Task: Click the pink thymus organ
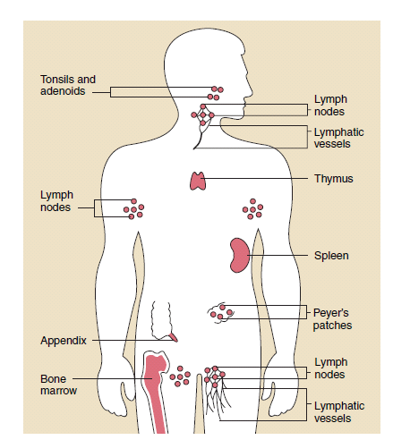point(198,181)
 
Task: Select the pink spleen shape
point(238,255)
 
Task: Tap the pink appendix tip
point(174,337)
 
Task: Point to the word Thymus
point(334,179)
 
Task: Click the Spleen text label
point(331,256)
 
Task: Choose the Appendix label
point(64,341)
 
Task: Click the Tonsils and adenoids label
point(68,85)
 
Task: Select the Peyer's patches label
point(332,319)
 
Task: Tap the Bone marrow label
point(58,385)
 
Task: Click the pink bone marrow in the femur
point(155,387)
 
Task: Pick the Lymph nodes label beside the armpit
point(56,201)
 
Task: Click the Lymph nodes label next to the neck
point(330,106)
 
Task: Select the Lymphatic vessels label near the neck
point(338,138)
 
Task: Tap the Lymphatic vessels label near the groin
point(339,412)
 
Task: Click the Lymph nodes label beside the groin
point(330,368)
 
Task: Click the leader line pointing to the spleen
point(278,256)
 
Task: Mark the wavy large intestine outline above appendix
point(161,320)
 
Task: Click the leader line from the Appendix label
point(133,340)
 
